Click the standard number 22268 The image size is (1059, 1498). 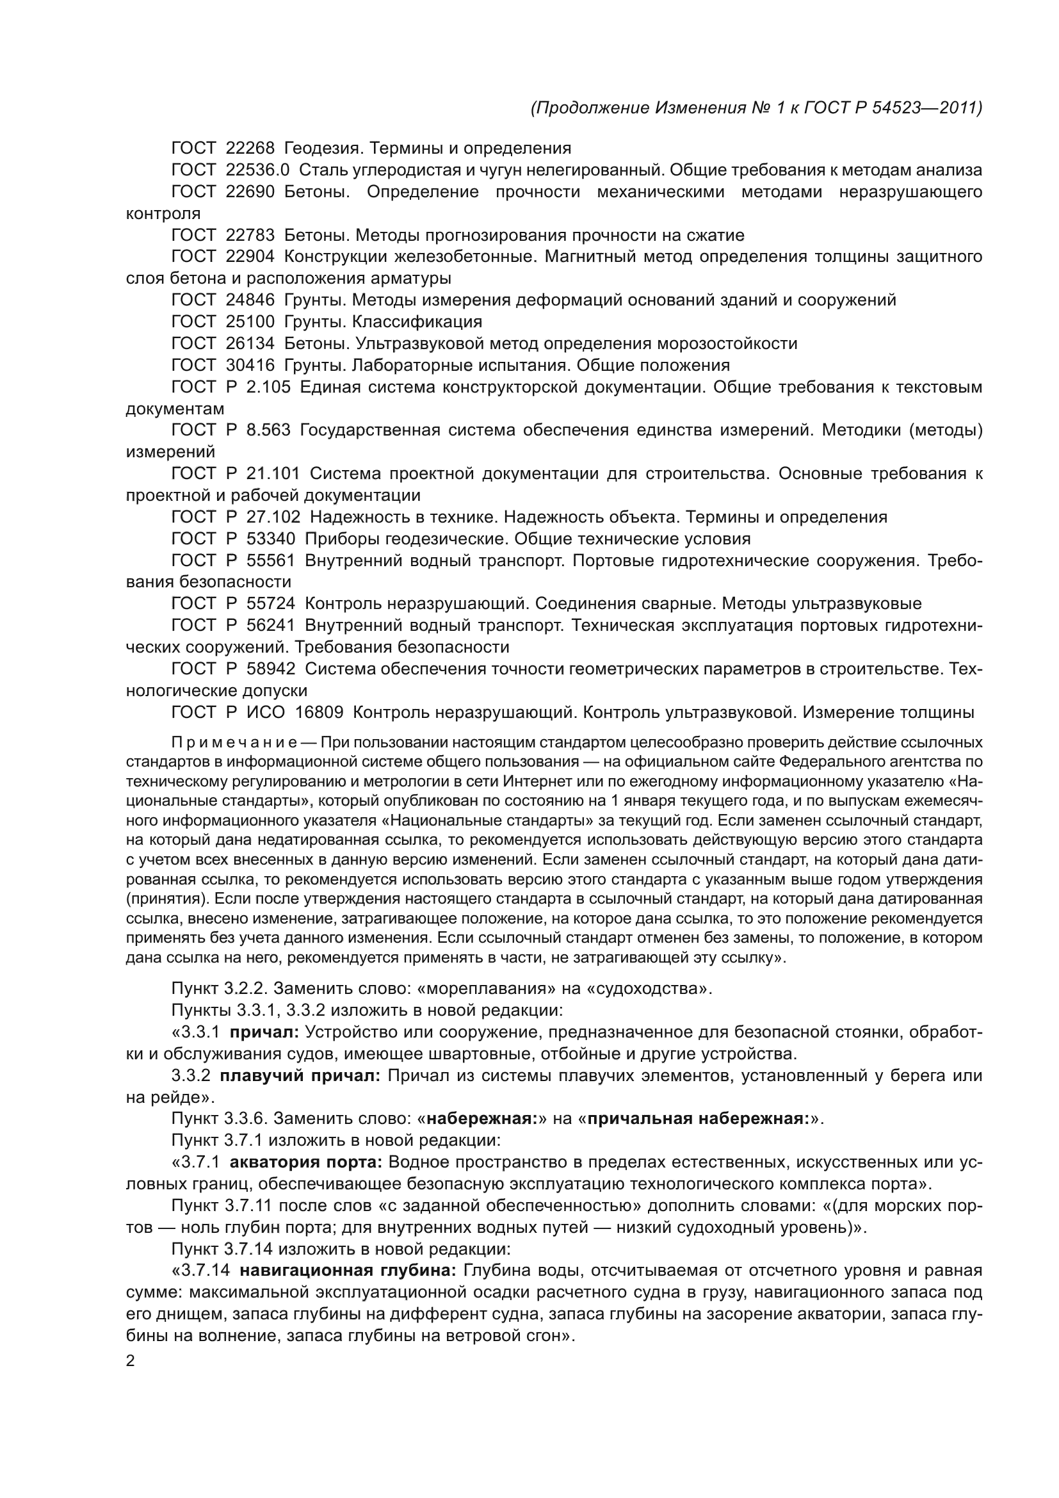click(250, 148)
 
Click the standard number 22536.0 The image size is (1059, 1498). click(257, 170)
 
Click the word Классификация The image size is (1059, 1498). click(417, 322)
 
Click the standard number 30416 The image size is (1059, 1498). click(250, 364)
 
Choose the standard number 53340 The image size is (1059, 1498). click(271, 538)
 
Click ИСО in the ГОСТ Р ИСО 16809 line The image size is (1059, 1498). click(266, 712)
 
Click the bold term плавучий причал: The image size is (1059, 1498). click(300, 1075)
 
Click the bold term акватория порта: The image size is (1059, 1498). click(306, 1162)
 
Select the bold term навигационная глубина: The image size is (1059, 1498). click(348, 1270)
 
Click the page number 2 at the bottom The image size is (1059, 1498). click(130, 1362)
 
